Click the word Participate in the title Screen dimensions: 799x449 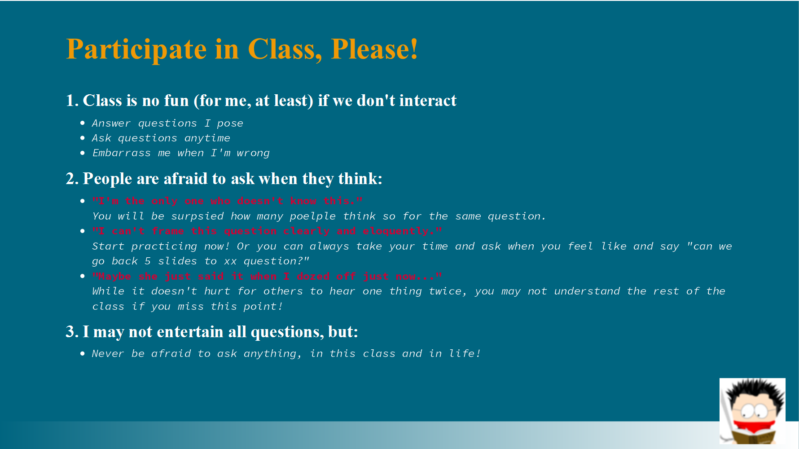tap(136, 49)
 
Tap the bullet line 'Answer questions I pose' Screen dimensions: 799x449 tap(167, 123)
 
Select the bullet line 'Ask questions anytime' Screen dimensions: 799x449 tap(161, 138)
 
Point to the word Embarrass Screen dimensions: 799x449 tap(121, 153)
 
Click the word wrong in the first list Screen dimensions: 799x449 tap(253, 153)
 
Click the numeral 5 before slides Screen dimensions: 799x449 tap(148, 261)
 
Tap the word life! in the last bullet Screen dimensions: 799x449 tap(465, 353)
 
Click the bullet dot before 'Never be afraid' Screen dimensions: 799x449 tap(83, 353)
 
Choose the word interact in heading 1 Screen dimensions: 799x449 tap(428, 101)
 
